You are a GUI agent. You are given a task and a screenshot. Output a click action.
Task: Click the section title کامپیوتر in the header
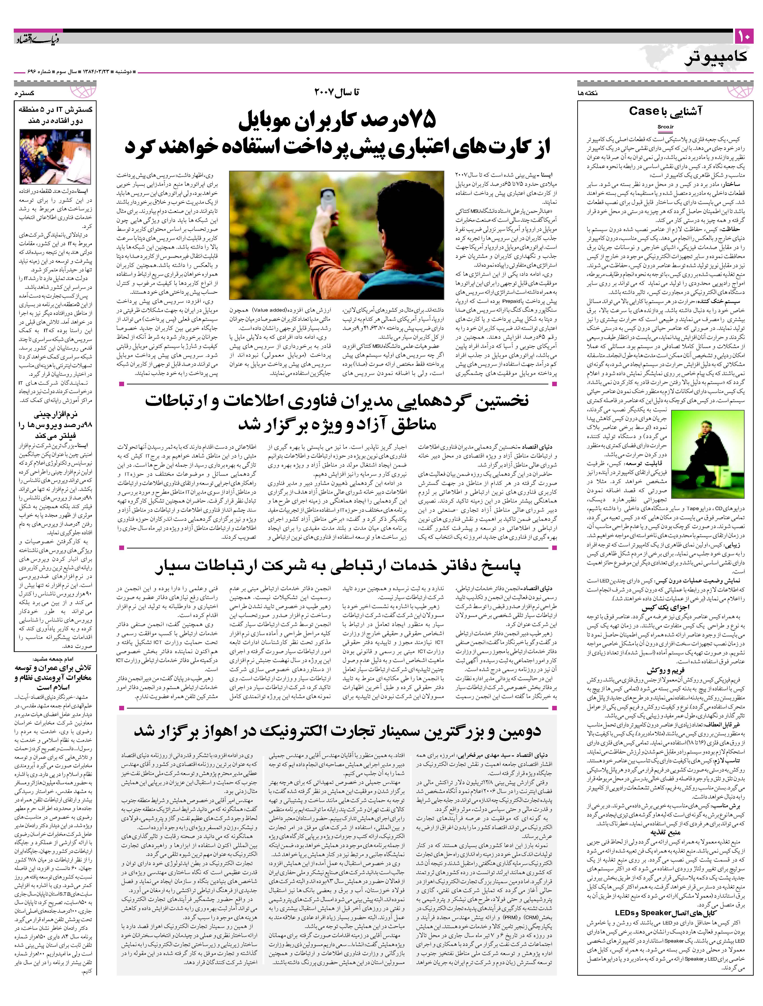click(x=716, y=58)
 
